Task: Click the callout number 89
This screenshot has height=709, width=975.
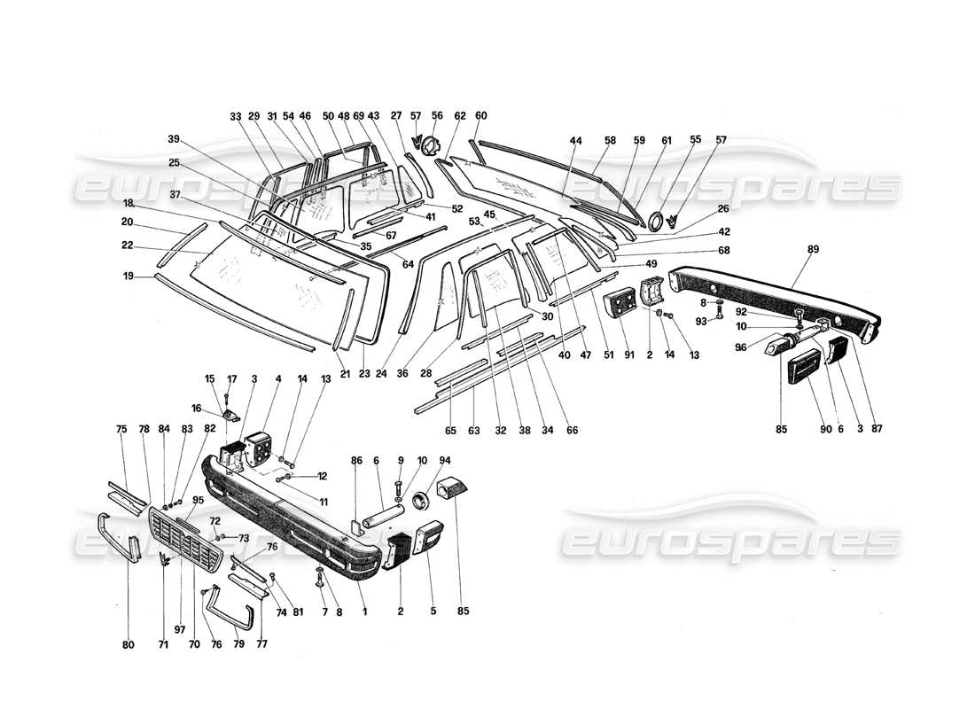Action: click(x=813, y=251)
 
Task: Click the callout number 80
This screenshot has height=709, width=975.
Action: click(x=128, y=645)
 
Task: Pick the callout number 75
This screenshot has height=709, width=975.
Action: click(x=121, y=429)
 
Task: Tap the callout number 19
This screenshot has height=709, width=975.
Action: click(x=129, y=277)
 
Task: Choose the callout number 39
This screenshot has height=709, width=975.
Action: click(x=174, y=139)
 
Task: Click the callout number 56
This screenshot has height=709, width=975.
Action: click(x=437, y=115)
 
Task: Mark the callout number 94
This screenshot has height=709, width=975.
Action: click(x=444, y=461)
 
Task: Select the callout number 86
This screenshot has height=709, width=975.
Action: click(x=356, y=461)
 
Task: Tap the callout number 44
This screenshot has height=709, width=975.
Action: click(x=575, y=141)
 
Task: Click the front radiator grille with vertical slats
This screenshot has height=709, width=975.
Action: click(x=187, y=542)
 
